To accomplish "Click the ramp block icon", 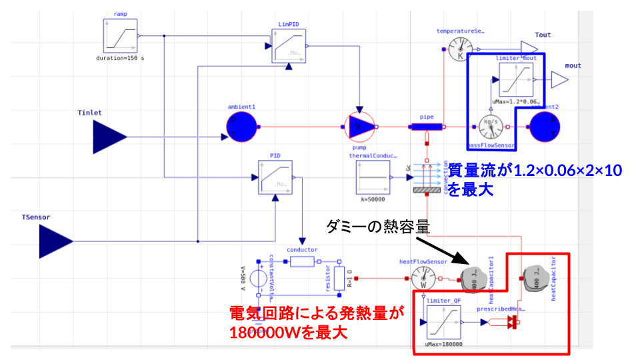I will pos(120,35).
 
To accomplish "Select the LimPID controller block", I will pos(289,46).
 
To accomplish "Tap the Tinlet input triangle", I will pos(109,137).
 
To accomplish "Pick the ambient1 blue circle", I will pos(241,127).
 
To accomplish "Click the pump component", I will pos(361,127).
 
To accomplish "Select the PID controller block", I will pos(275,178).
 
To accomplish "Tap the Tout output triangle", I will pos(529,48).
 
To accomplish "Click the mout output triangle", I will pos(559,81).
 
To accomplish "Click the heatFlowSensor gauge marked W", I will pos(423,278).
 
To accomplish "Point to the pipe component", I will pos(427,127).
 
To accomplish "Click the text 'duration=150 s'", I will pos(120,58).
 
